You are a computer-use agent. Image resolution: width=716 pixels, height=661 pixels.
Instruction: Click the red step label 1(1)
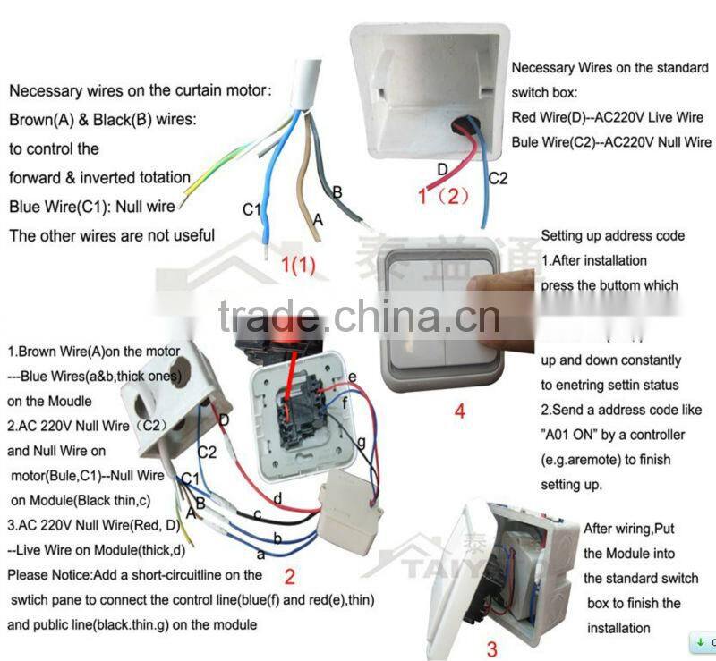[298, 265]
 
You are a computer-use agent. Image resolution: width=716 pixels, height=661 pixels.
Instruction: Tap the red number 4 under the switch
[459, 413]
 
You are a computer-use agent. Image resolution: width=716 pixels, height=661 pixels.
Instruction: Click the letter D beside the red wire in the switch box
[441, 169]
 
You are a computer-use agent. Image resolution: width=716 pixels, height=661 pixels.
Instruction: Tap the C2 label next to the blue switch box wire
[498, 178]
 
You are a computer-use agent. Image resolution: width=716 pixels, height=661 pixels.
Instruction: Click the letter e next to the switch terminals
[353, 377]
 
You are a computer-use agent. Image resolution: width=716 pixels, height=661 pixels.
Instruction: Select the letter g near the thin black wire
[361, 442]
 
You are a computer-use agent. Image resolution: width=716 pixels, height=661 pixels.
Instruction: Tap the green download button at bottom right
[702, 642]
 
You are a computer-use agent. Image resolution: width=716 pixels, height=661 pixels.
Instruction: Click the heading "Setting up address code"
[613, 236]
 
